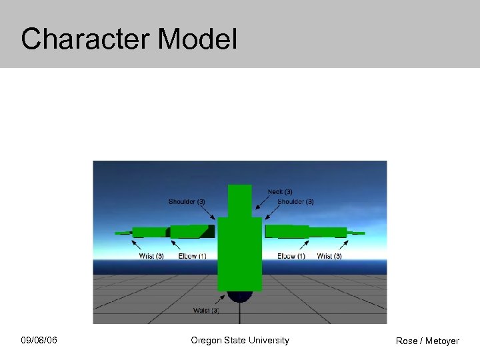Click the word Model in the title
pyautogui.click(x=198, y=39)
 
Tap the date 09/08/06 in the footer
pyautogui.click(x=39, y=341)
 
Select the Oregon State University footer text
pyautogui.click(x=240, y=341)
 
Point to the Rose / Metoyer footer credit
pyautogui.click(x=427, y=341)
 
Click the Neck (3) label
pyautogui.click(x=280, y=192)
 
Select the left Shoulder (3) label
pyautogui.click(x=187, y=202)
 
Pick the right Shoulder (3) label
pyautogui.click(x=295, y=202)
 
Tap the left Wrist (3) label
pyautogui.click(x=151, y=256)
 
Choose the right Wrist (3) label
pyautogui.click(x=329, y=256)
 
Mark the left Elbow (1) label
pyautogui.click(x=192, y=256)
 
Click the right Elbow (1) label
pyautogui.click(x=291, y=256)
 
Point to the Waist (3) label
pyautogui.click(x=206, y=311)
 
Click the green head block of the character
pyautogui.click(x=240, y=199)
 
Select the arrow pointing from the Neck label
pyautogui.click(x=263, y=203)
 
